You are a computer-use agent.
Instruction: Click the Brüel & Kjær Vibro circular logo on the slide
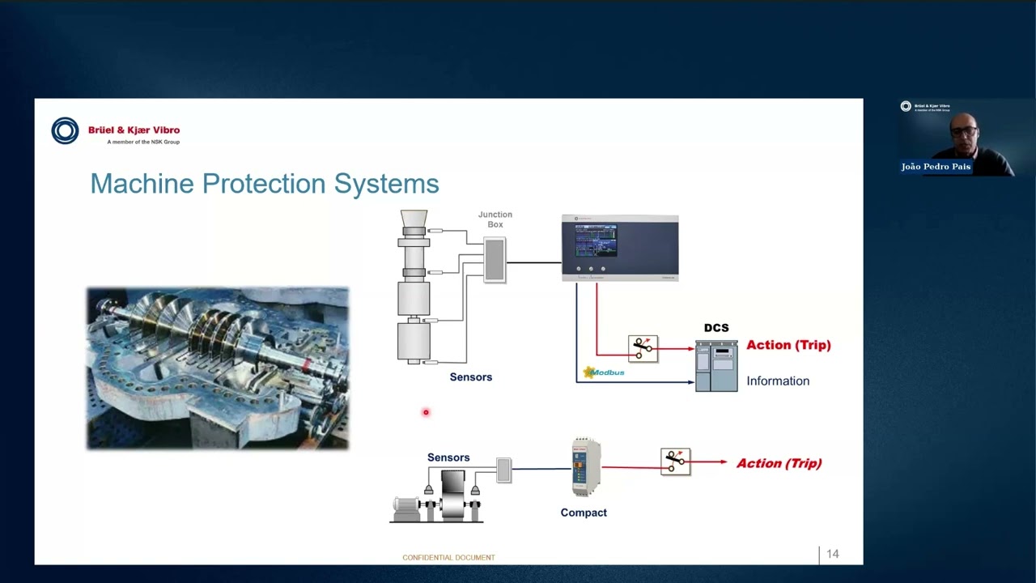(x=65, y=130)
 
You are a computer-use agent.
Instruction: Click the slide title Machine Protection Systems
(x=264, y=184)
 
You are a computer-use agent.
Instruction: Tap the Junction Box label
(x=495, y=219)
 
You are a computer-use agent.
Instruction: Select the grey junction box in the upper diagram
(x=495, y=260)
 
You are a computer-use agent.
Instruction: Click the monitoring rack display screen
(x=596, y=240)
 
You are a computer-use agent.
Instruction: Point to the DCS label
(x=716, y=328)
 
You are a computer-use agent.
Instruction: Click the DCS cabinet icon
(x=716, y=366)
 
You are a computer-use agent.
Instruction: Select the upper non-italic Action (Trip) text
(x=788, y=345)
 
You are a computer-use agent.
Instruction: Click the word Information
(x=777, y=381)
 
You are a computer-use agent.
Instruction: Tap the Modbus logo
(x=604, y=372)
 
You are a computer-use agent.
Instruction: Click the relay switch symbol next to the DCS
(x=643, y=348)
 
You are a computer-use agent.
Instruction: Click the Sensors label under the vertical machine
(x=470, y=377)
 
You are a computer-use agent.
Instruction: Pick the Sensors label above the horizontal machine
(x=448, y=457)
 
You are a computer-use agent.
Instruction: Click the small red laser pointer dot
(x=426, y=413)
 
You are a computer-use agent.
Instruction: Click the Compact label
(x=584, y=513)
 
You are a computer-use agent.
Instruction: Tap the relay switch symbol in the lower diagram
(x=675, y=462)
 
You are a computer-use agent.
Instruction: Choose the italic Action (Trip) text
(x=779, y=463)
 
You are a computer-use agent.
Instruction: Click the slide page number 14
(x=832, y=555)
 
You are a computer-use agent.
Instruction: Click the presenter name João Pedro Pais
(x=936, y=167)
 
